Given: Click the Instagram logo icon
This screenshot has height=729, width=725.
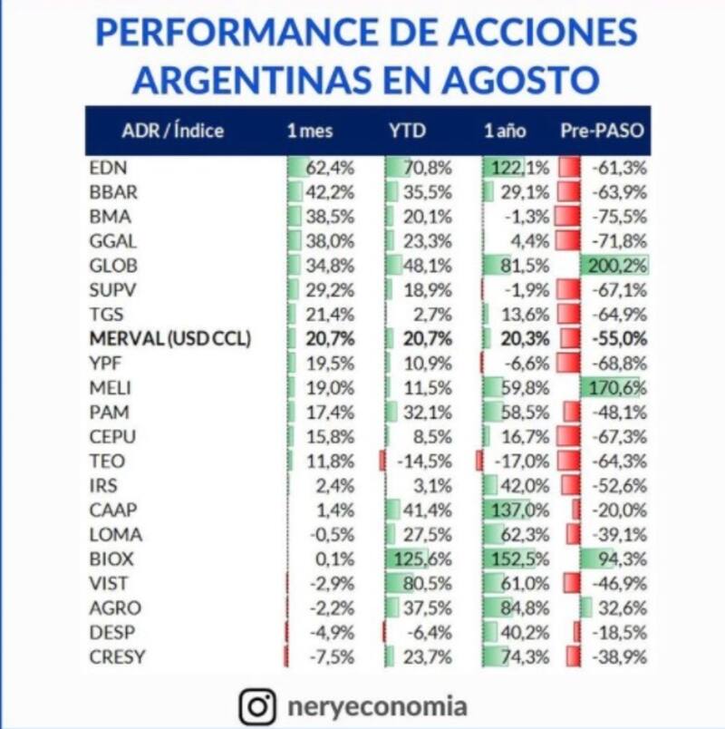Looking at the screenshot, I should tap(257, 705).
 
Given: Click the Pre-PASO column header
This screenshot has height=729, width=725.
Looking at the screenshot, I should tap(601, 131).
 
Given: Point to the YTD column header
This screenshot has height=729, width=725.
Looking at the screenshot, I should tap(407, 131).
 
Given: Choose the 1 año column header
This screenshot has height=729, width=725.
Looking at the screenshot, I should tap(505, 131).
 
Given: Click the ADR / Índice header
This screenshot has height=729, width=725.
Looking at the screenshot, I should tap(172, 131).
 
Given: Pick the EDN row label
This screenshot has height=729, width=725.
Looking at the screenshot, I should tap(108, 168).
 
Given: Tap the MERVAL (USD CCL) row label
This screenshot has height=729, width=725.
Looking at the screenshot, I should tap(170, 339).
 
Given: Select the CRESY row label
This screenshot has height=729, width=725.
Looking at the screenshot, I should tap(117, 657).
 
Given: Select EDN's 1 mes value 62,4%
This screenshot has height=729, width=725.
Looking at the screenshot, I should tap(330, 168).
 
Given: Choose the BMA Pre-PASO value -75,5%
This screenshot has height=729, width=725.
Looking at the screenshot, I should tap(621, 217).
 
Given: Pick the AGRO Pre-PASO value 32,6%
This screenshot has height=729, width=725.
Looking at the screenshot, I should tap(623, 608).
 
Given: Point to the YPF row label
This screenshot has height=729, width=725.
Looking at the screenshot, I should tap(106, 364).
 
